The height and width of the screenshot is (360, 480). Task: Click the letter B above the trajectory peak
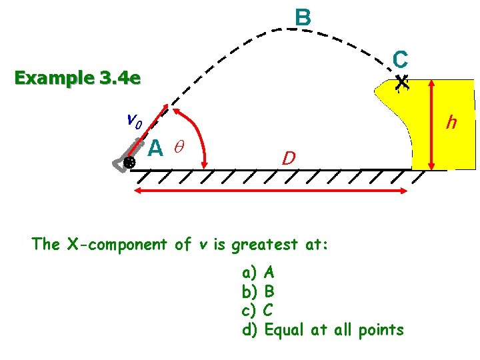pyautogui.click(x=303, y=17)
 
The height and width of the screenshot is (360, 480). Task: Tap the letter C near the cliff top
pyautogui.click(x=400, y=59)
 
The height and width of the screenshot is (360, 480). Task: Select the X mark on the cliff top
pyautogui.click(x=401, y=83)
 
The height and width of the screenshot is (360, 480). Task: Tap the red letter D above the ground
pyautogui.click(x=288, y=159)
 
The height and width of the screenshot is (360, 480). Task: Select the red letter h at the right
pyautogui.click(x=451, y=123)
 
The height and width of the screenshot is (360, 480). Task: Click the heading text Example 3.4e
pyautogui.click(x=77, y=79)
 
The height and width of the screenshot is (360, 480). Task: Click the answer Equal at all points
pyautogui.click(x=323, y=329)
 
